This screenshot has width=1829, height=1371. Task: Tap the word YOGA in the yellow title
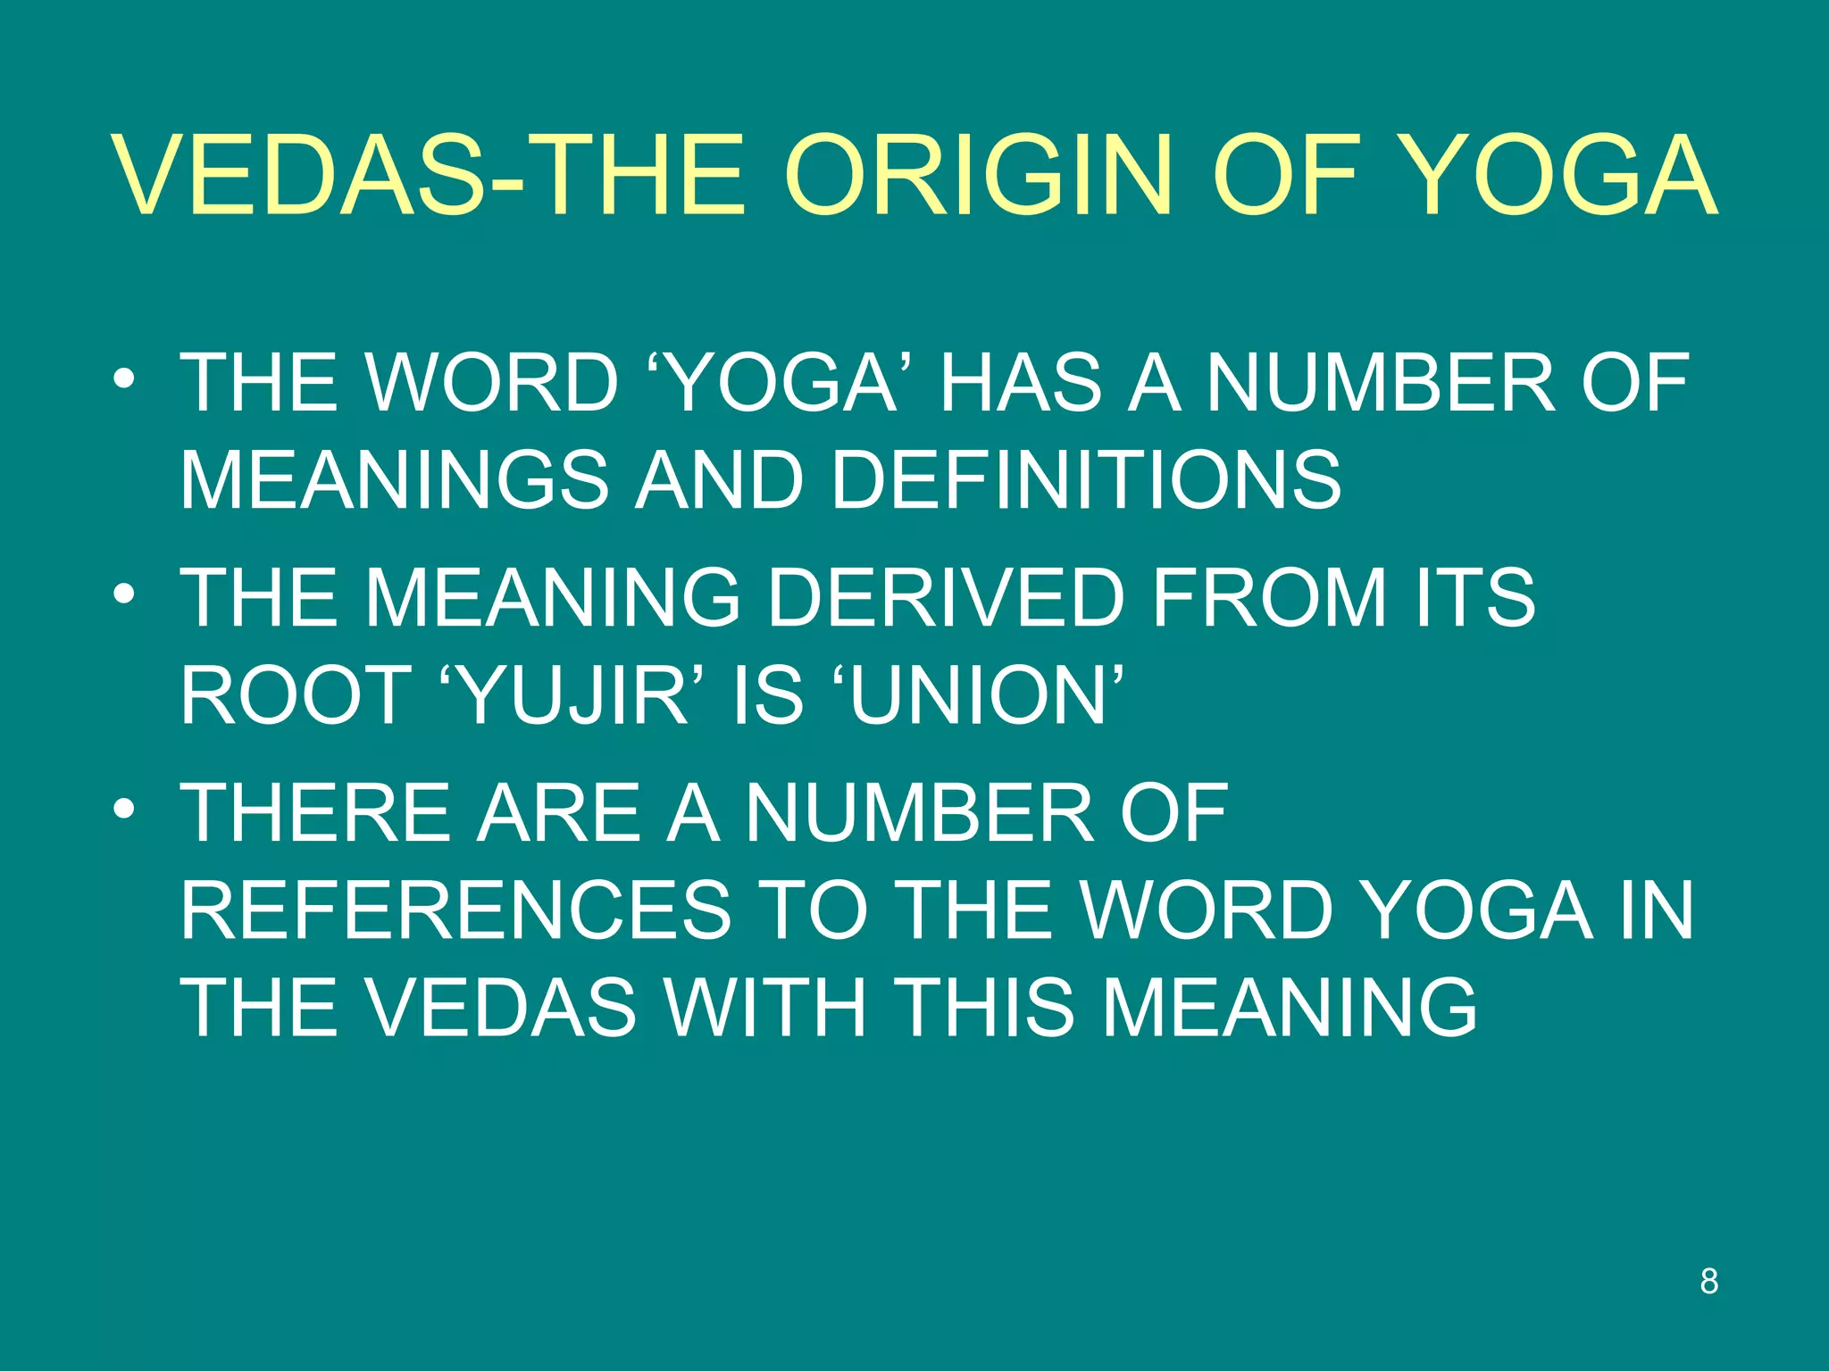[x=1556, y=175]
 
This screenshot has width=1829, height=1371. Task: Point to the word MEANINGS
[x=393, y=480]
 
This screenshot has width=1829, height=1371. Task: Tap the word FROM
[x=1269, y=598]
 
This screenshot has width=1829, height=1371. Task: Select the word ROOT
[x=295, y=696]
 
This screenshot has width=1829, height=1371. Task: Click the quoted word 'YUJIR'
[x=572, y=696]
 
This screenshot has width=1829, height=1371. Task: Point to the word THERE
[x=316, y=812]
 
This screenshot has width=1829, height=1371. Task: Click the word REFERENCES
[x=456, y=910]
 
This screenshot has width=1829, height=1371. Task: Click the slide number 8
[x=1708, y=1282]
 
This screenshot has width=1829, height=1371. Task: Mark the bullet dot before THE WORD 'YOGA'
[x=124, y=379]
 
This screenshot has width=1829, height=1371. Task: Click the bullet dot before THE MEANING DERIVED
[x=124, y=594]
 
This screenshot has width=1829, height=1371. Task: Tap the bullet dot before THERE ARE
[x=124, y=809]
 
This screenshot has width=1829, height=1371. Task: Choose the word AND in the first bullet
[x=719, y=480]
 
